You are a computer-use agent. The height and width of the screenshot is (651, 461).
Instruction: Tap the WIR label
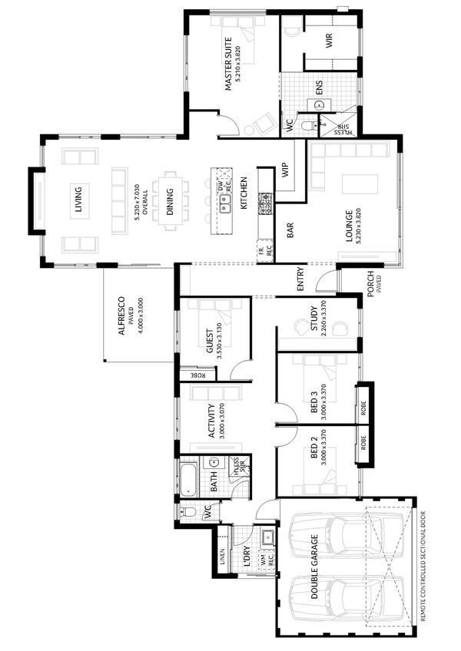(x=329, y=41)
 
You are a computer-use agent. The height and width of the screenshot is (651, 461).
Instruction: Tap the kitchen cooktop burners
(x=267, y=203)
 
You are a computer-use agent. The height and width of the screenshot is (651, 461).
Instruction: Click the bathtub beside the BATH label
(x=189, y=477)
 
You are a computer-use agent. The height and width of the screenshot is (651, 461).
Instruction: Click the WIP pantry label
(x=286, y=170)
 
